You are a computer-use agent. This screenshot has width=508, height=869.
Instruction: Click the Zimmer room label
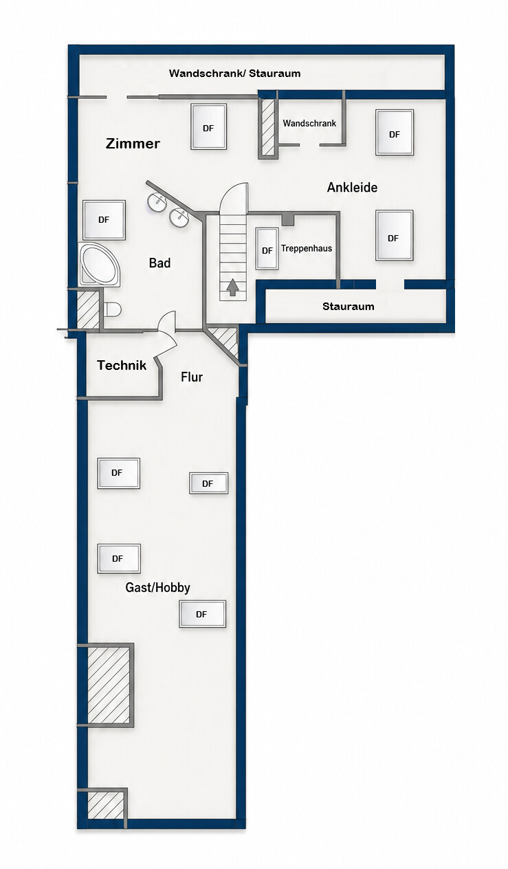(133, 144)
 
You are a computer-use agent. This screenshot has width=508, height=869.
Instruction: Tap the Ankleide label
(352, 188)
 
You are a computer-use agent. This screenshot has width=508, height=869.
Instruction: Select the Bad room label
(159, 263)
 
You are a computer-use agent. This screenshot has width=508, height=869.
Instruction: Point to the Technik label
(122, 365)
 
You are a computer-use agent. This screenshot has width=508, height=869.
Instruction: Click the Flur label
(192, 377)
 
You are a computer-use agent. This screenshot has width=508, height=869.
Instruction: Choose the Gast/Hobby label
(158, 588)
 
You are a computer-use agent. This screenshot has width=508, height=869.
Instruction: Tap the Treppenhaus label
(307, 248)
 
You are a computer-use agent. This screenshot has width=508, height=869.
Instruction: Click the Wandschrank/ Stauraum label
(234, 74)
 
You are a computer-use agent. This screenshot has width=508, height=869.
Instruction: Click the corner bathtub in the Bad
(100, 265)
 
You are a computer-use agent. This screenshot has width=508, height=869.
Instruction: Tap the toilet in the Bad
(113, 309)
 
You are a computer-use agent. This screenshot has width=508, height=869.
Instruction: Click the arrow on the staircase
(232, 287)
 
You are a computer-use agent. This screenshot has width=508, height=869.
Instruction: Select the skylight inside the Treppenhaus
(267, 249)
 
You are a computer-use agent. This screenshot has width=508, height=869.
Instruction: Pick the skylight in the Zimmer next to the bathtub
(104, 220)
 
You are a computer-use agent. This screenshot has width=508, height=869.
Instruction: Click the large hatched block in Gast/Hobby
(109, 685)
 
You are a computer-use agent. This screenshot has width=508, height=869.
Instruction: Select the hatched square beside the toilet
(89, 310)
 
